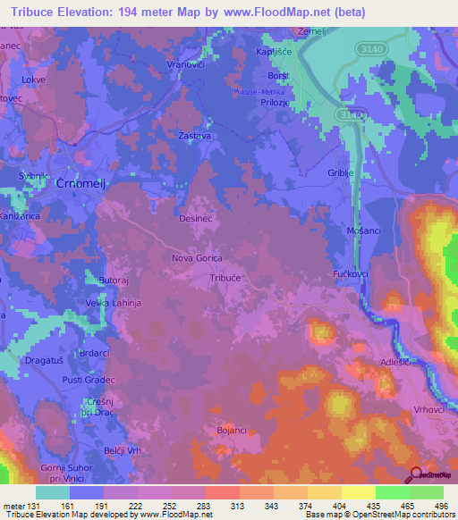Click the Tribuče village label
tap(225, 278)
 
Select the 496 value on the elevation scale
tap(440, 506)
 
